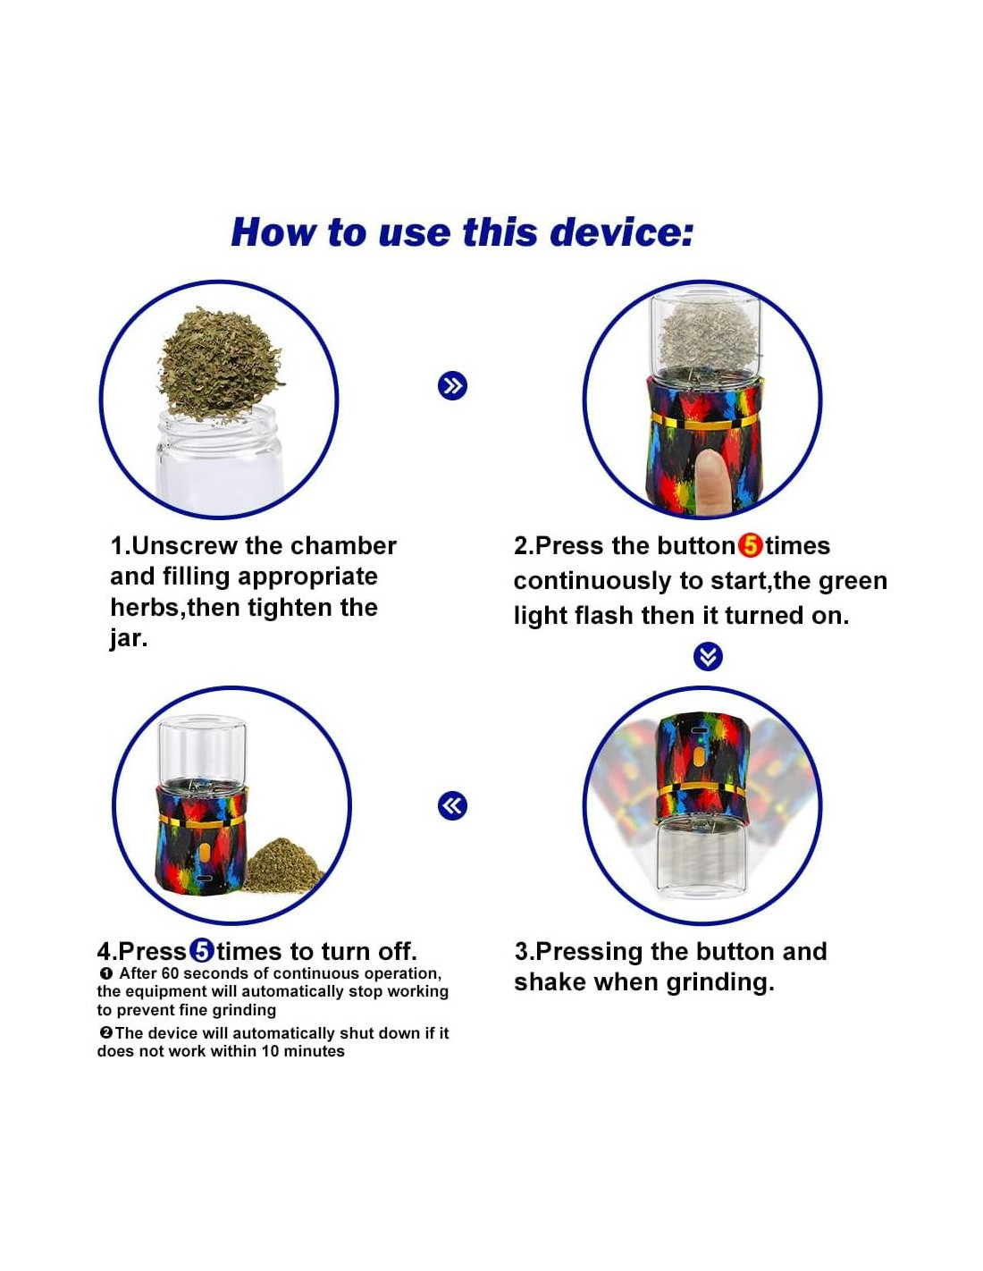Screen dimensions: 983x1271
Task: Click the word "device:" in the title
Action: click(622, 231)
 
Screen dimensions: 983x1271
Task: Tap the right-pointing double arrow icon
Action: click(452, 385)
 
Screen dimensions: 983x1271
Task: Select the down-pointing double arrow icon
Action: click(708, 657)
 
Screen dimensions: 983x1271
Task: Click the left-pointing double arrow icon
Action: click(452, 805)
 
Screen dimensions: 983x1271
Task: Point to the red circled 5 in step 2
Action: click(750, 546)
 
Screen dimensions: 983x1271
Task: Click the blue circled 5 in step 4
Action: click(202, 952)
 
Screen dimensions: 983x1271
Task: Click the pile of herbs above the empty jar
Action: click(220, 365)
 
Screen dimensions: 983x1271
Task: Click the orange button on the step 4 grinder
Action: click(204, 854)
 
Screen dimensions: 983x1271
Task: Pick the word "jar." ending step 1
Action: click(129, 638)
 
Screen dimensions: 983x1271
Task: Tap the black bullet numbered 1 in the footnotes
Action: click(105, 973)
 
